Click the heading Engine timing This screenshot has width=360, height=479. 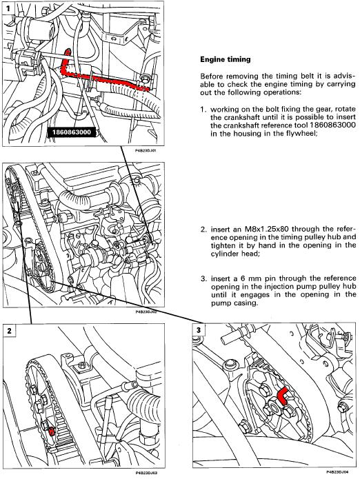click(x=226, y=59)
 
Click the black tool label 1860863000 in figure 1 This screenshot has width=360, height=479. click(x=72, y=132)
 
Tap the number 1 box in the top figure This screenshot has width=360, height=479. click(x=8, y=8)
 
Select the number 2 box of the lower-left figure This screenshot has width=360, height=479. click(x=9, y=331)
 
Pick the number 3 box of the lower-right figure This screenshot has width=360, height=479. click(x=199, y=330)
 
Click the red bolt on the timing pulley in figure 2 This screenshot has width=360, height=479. click(x=52, y=431)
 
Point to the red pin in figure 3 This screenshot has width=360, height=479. click(x=283, y=396)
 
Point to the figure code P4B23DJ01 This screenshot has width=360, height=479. click(x=146, y=151)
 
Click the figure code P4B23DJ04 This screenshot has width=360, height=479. click(x=337, y=472)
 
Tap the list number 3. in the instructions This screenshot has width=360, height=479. click(x=204, y=278)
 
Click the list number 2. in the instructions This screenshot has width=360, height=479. click(x=204, y=229)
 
